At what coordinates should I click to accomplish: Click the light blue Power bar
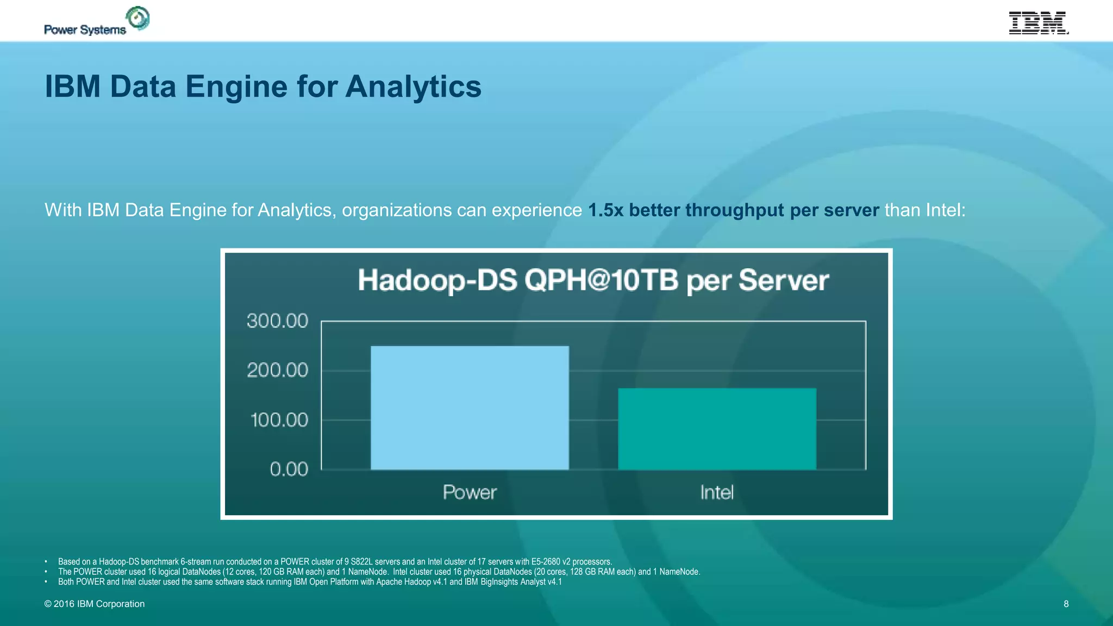[x=470, y=408]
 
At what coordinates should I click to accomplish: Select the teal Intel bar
[x=717, y=429]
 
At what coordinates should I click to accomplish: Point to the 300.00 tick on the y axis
[x=277, y=321]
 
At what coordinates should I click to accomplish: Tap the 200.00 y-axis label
[x=277, y=370]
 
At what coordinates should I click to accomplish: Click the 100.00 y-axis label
[x=279, y=420]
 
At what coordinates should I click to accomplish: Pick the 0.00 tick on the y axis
[x=289, y=469]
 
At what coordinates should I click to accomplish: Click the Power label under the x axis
[x=470, y=492]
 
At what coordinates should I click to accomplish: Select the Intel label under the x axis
[x=716, y=492]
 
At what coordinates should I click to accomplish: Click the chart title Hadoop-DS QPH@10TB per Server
[x=593, y=280]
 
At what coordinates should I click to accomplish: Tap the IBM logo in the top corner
[x=1038, y=23]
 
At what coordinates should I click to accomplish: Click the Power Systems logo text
[x=85, y=30]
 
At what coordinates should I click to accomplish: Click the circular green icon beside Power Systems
[x=138, y=18]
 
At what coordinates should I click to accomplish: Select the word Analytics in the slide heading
[x=413, y=87]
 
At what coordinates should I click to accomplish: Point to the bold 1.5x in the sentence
[x=605, y=210]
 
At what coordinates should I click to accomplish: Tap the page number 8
[x=1066, y=604]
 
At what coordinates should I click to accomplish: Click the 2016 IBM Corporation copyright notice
[x=95, y=604]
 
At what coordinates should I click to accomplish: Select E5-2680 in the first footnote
[x=546, y=562]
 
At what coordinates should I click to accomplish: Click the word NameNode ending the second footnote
[x=679, y=572]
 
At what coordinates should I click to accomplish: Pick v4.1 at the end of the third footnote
[x=554, y=582]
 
